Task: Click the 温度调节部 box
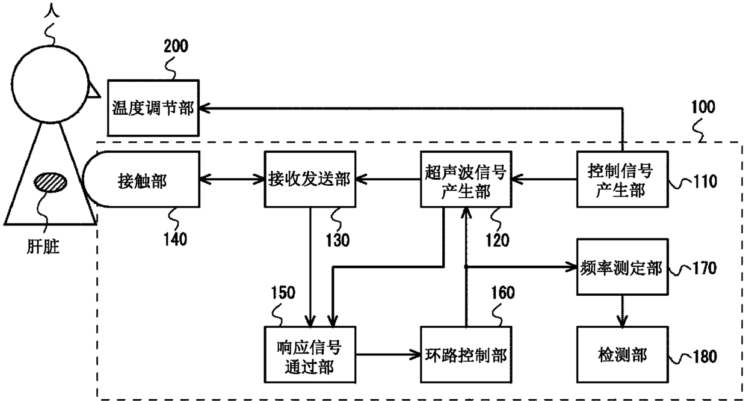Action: pos(153,108)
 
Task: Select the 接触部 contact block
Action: pos(141,179)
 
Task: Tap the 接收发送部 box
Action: pos(310,179)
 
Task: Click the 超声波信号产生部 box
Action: pos(466,179)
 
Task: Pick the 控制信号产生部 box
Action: pos(623,179)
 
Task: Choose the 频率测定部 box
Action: pos(623,267)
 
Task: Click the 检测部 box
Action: pos(623,355)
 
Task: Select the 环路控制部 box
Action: pos(466,355)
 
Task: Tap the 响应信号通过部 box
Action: pos(310,355)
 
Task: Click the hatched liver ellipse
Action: pos(51,182)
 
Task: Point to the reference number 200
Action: pos(176,46)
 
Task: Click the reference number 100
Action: pos(703,107)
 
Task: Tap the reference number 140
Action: pos(175,239)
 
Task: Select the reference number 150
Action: pos(283,293)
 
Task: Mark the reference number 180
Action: pos(704,357)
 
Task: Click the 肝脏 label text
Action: pos(43,246)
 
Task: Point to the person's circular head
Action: pos(51,84)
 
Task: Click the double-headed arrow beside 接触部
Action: pos(232,180)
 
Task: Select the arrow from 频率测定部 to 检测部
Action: pos(622,311)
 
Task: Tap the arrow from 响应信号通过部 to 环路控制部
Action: pos(388,355)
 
